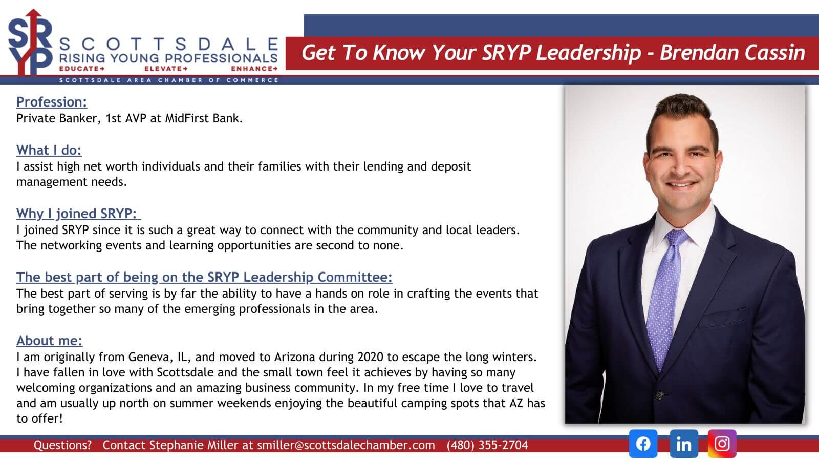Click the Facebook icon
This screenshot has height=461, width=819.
(x=643, y=444)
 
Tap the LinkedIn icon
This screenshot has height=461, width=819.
(x=684, y=444)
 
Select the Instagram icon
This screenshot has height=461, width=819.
(x=722, y=444)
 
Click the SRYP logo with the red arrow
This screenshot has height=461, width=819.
(x=30, y=42)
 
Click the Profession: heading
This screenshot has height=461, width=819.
(x=52, y=102)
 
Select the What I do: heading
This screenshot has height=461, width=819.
(x=49, y=151)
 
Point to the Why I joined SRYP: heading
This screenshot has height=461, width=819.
(x=78, y=214)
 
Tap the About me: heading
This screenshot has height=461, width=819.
(x=49, y=341)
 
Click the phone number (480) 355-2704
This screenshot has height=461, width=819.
(x=487, y=445)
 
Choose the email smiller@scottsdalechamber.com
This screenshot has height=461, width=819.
(x=346, y=445)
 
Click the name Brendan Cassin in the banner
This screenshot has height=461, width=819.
(x=732, y=53)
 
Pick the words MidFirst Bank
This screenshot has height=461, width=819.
(x=204, y=118)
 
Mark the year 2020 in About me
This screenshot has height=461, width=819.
(x=371, y=357)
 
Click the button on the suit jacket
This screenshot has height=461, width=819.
(x=659, y=395)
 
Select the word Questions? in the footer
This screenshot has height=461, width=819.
(x=62, y=445)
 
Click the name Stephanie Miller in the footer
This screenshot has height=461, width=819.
(x=193, y=445)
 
